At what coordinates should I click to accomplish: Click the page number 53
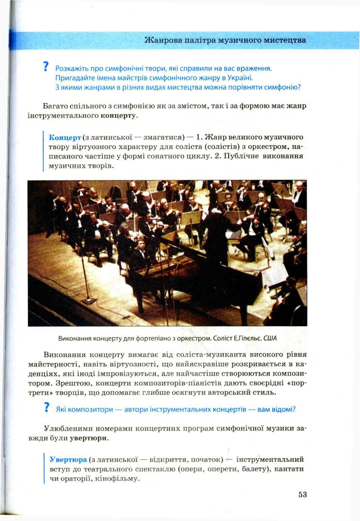pyautogui.click(x=302, y=495)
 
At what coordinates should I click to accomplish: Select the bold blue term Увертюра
pyautogui.click(x=68, y=460)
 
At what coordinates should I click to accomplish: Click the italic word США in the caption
pyautogui.click(x=270, y=338)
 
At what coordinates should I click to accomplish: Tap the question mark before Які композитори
pyautogui.click(x=46, y=408)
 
